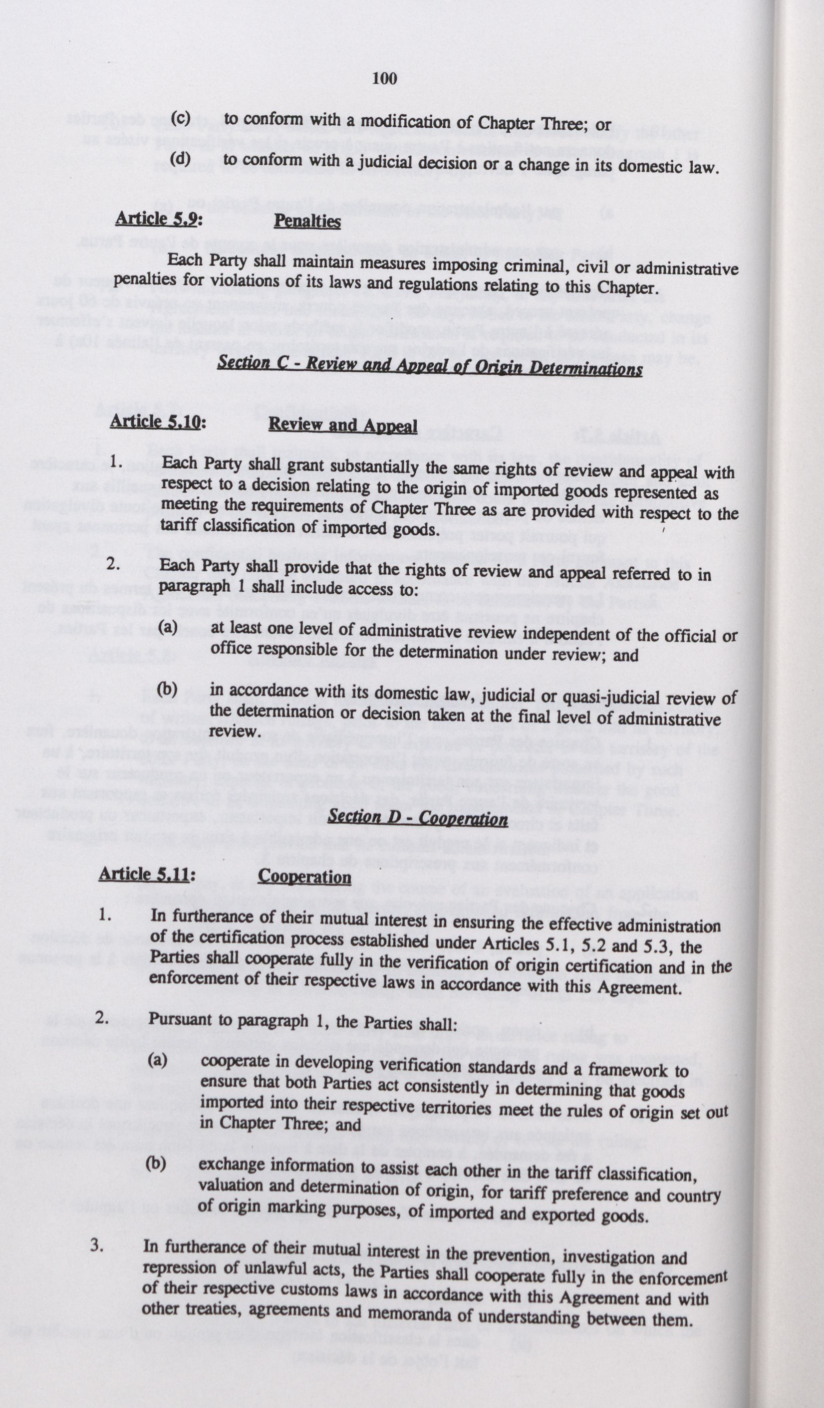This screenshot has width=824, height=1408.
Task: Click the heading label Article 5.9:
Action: [x=158, y=218]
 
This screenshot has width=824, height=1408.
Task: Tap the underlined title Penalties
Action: [x=307, y=221]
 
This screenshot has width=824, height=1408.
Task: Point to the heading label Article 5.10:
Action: [x=158, y=421]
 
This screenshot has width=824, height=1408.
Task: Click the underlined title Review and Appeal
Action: [x=343, y=425]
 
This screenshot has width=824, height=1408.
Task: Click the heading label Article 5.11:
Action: [x=146, y=873]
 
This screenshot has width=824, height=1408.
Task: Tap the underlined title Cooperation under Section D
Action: [x=304, y=876]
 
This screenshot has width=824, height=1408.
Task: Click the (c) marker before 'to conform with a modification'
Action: [x=180, y=118]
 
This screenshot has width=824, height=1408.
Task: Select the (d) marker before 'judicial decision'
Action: [x=180, y=158]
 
